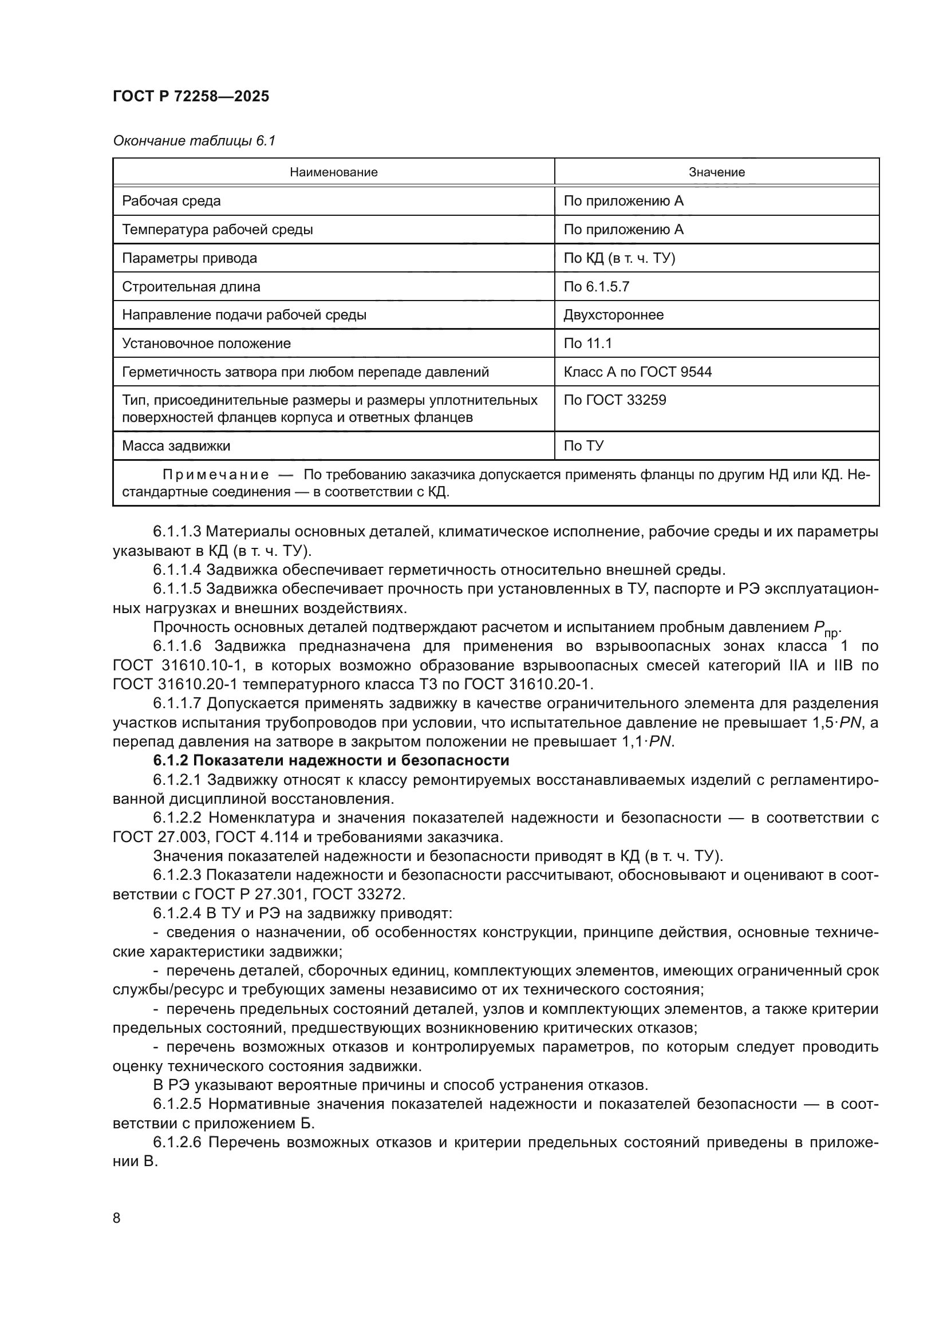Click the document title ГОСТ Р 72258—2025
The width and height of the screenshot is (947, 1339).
pyautogui.click(x=191, y=97)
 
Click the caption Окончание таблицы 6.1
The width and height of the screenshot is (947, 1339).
pyautogui.click(x=194, y=141)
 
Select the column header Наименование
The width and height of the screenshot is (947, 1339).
pyautogui.click(x=334, y=172)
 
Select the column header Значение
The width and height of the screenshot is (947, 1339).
pyautogui.click(x=717, y=172)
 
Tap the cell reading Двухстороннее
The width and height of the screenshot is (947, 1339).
pyautogui.click(x=613, y=315)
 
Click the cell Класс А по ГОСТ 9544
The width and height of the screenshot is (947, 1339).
pyautogui.click(x=637, y=372)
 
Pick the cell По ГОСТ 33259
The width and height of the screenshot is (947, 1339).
pyautogui.click(x=614, y=400)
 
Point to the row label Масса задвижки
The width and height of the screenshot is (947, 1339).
pyautogui.click(x=176, y=446)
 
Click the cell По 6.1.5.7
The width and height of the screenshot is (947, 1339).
pyautogui.click(x=596, y=286)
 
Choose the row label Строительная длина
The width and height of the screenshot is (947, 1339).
pyautogui.click(x=191, y=286)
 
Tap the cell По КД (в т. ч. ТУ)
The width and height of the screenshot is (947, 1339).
pyautogui.click(x=620, y=258)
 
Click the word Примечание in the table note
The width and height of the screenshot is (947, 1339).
pyautogui.click(x=216, y=475)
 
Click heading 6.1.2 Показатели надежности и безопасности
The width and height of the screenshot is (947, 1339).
pyautogui.click(x=331, y=760)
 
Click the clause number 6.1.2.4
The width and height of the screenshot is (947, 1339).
pyautogui.click(x=177, y=913)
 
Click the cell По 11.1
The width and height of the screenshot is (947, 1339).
pyautogui.click(x=588, y=343)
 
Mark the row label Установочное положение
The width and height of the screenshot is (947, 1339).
pyautogui.click(x=207, y=343)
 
